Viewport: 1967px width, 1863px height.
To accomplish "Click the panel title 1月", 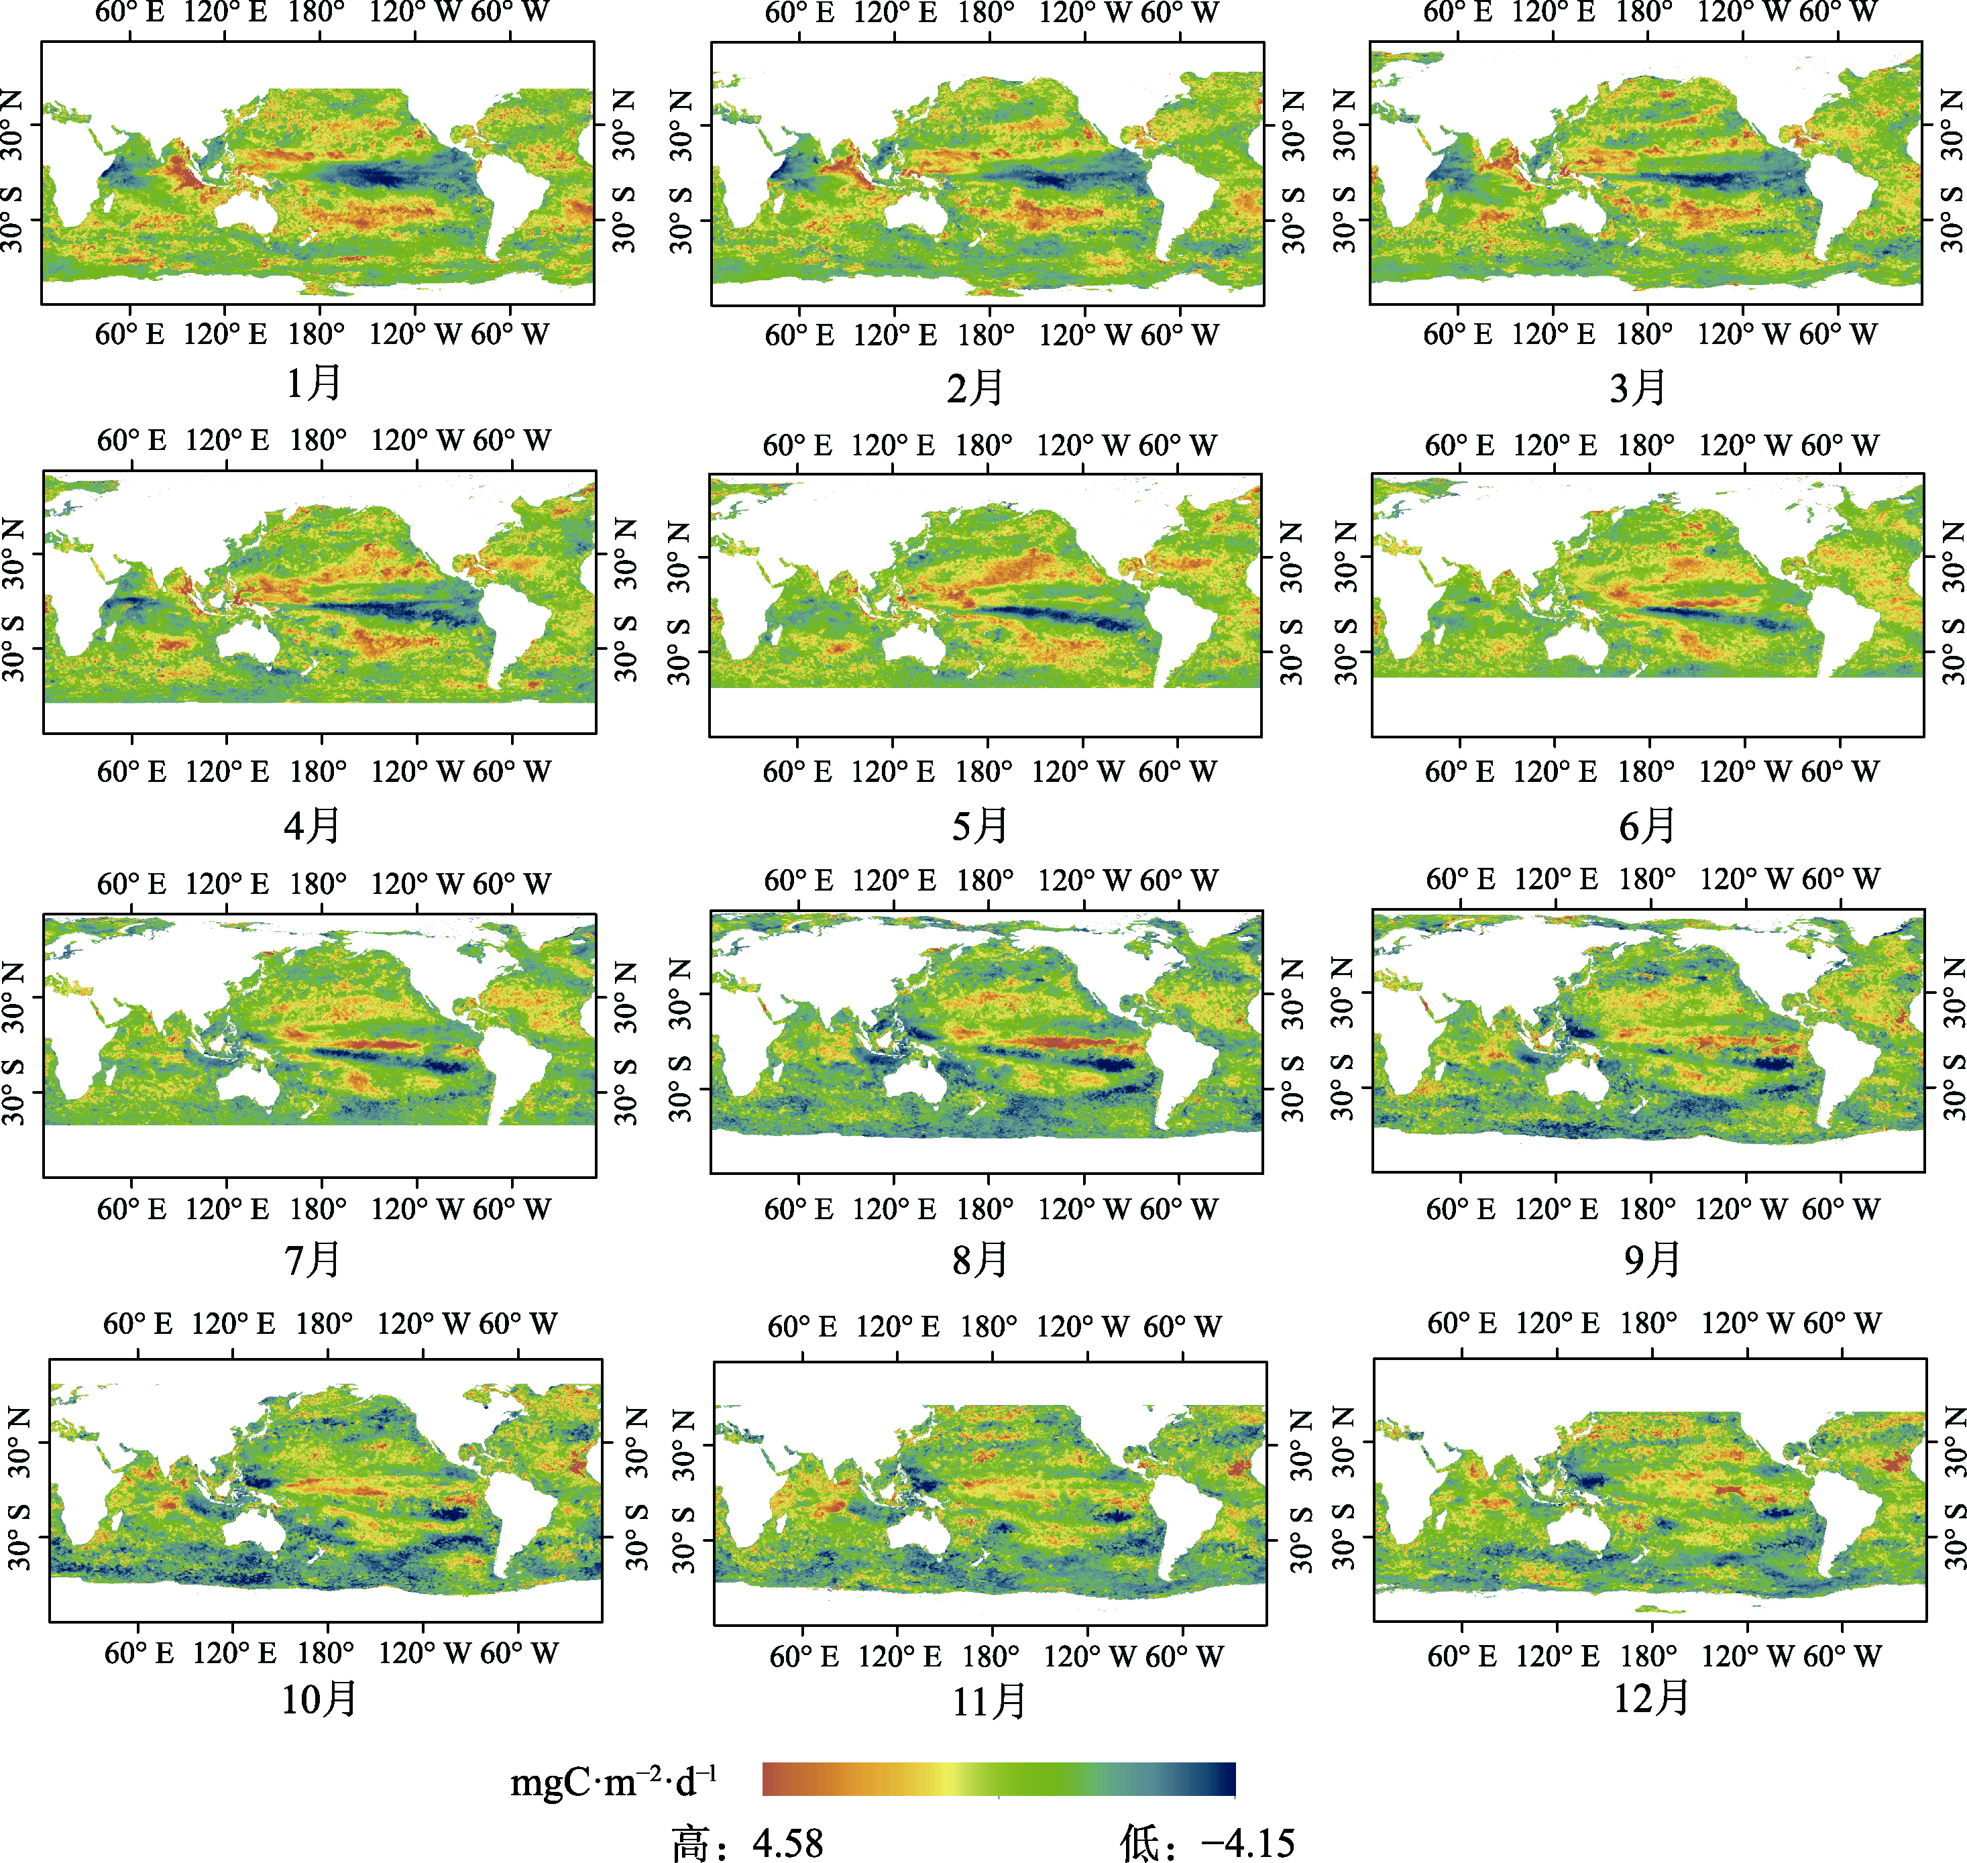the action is pyautogui.click(x=314, y=382).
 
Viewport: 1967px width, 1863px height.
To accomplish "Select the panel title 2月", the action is pyautogui.click(x=975, y=388).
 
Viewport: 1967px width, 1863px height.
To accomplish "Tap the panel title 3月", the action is pyautogui.click(x=1637, y=388).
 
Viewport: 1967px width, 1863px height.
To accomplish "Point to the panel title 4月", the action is pyautogui.click(x=313, y=826).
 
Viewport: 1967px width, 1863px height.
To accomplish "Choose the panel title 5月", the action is pyautogui.click(x=980, y=826).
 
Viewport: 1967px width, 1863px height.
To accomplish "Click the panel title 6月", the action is pyautogui.click(x=1647, y=826).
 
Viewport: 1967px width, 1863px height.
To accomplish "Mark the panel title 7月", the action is pyautogui.click(x=313, y=1260).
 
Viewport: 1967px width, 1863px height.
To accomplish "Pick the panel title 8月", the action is pyautogui.click(x=980, y=1260).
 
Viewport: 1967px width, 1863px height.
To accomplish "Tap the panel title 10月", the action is pyautogui.click(x=319, y=1699).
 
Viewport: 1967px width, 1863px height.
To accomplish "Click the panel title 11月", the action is pyautogui.click(x=989, y=1702).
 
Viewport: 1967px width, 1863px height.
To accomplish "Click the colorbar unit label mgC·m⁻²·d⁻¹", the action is pyautogui.click(x=614, y=1782).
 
